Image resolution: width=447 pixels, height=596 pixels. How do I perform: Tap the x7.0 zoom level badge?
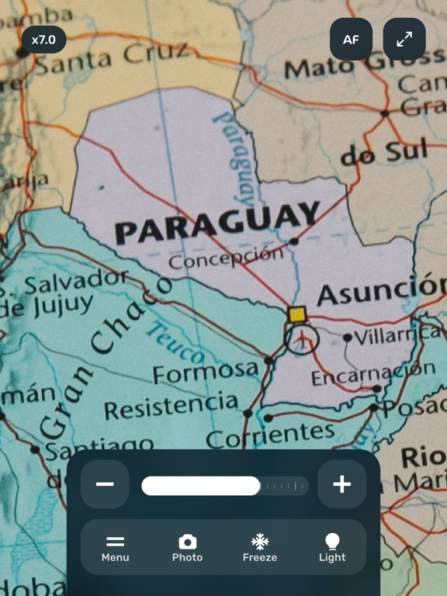point(43,40)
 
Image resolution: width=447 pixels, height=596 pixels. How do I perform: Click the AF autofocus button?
point(351,40)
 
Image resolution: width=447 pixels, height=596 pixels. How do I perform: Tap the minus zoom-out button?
point(105,484)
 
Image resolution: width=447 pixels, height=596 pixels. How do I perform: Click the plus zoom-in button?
point(341,484)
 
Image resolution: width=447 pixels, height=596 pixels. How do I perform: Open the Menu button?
point(115,547)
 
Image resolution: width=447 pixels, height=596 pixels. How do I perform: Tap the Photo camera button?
point(187,547)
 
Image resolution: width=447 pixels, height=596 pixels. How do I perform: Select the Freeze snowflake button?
point(259,547)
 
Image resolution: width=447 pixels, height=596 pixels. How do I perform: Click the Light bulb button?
point(332,547)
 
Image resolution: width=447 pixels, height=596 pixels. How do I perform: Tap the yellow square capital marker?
point(296,314)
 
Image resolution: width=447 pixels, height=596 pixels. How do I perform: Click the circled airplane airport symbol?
point(301,338)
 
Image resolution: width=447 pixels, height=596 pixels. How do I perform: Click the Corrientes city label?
point(269,435)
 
